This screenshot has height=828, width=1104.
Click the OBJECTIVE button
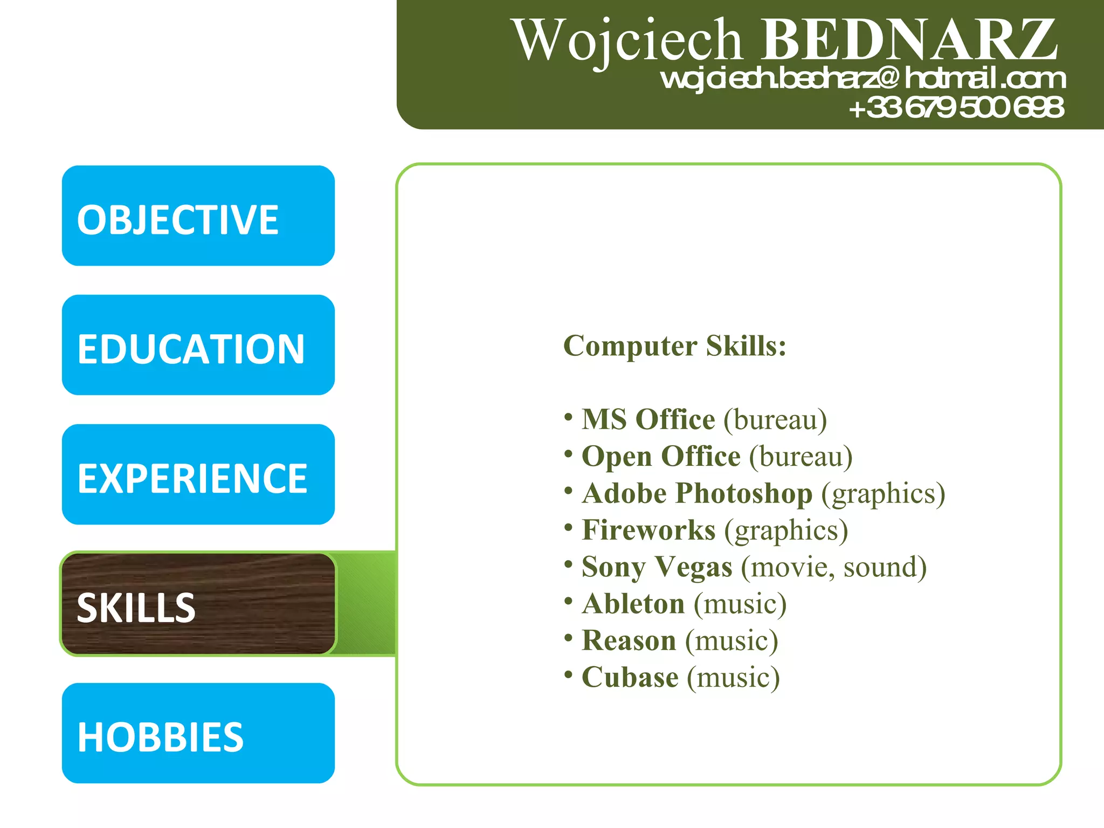[198, 216]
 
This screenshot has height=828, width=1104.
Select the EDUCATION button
[198, 346]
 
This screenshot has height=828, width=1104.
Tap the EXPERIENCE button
[198, 475]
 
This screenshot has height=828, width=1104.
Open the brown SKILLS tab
[198, 604]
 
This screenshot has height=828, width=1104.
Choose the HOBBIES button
[198, 734]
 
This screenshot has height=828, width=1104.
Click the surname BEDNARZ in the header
[909, 40]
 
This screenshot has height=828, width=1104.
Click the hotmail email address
[863, 79]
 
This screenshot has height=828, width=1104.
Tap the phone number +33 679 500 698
[956, 107]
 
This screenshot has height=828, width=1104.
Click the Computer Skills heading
[674, 346]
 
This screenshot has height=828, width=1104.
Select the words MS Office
[648, 419]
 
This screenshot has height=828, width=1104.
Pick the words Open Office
[661, 457]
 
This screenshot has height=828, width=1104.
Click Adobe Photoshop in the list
[697, 493]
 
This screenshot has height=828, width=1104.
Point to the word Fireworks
[648, 530]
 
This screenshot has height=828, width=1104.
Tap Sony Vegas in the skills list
[657, 567]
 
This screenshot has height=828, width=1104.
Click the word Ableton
[633, 604]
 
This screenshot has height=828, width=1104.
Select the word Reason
[629, 640]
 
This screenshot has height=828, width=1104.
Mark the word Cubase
[630, 678]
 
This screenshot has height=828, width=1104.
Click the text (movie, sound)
[834, 567]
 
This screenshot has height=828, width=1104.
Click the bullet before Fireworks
[568, 527]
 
